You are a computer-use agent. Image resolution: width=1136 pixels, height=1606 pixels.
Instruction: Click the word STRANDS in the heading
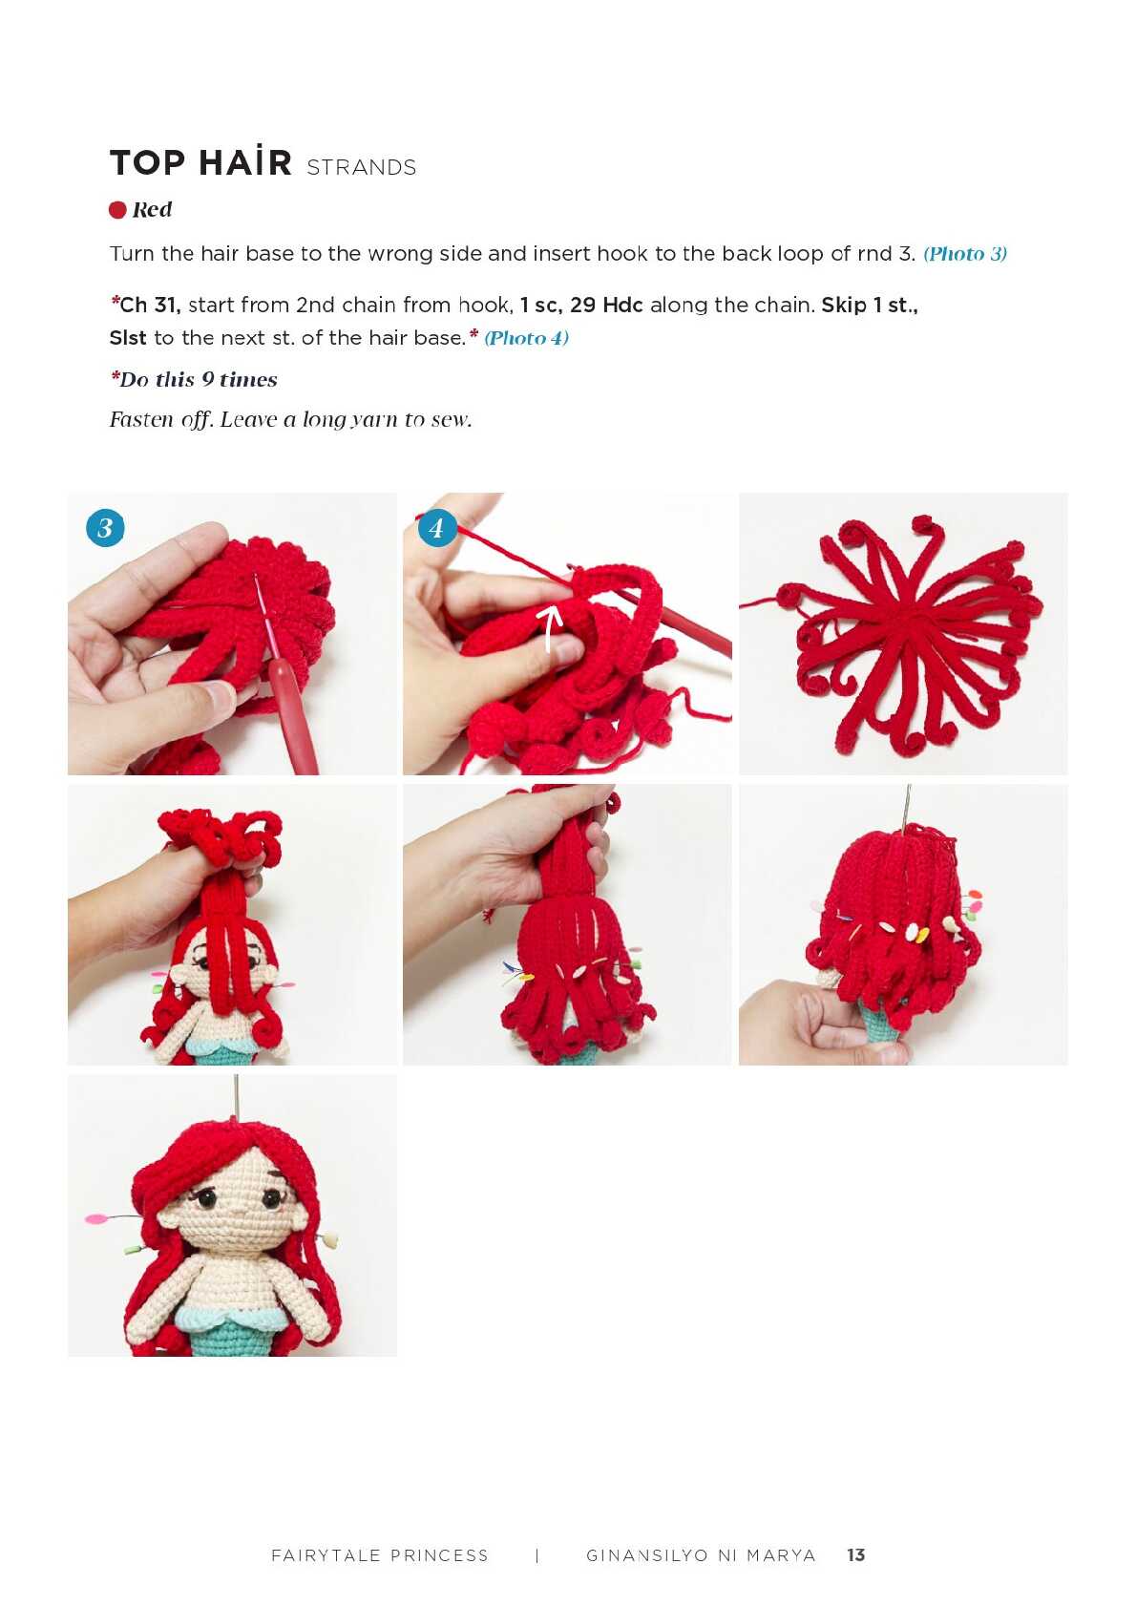pos(361,167)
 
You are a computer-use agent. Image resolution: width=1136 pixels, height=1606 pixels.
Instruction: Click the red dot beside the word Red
pos(117,209)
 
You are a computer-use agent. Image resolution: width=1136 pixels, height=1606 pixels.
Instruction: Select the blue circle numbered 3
pos(105,528)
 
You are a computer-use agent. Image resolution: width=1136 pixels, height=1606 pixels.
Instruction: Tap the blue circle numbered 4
pos(436,528)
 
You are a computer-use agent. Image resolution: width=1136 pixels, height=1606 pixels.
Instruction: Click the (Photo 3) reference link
pos(965,254)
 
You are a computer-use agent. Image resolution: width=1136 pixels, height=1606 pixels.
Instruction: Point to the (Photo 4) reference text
pos(526,338)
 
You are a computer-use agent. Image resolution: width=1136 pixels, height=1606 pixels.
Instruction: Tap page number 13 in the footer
pos(855,1554)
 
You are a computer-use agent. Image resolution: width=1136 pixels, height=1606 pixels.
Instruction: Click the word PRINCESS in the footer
pos(438,1555)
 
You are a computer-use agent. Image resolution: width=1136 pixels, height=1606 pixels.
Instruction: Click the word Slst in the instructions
pos(128,338)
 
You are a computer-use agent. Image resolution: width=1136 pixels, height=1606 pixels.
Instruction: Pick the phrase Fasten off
pos(161,419)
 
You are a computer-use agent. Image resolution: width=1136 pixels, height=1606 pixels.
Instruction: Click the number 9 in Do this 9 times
pos(207,379)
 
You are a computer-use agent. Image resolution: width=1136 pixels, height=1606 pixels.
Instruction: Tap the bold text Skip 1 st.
pos(870,305)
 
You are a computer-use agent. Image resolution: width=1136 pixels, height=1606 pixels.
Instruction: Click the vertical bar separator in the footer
pos(536,1555)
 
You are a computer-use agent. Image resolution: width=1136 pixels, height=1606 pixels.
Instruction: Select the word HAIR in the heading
pos(245,162)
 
